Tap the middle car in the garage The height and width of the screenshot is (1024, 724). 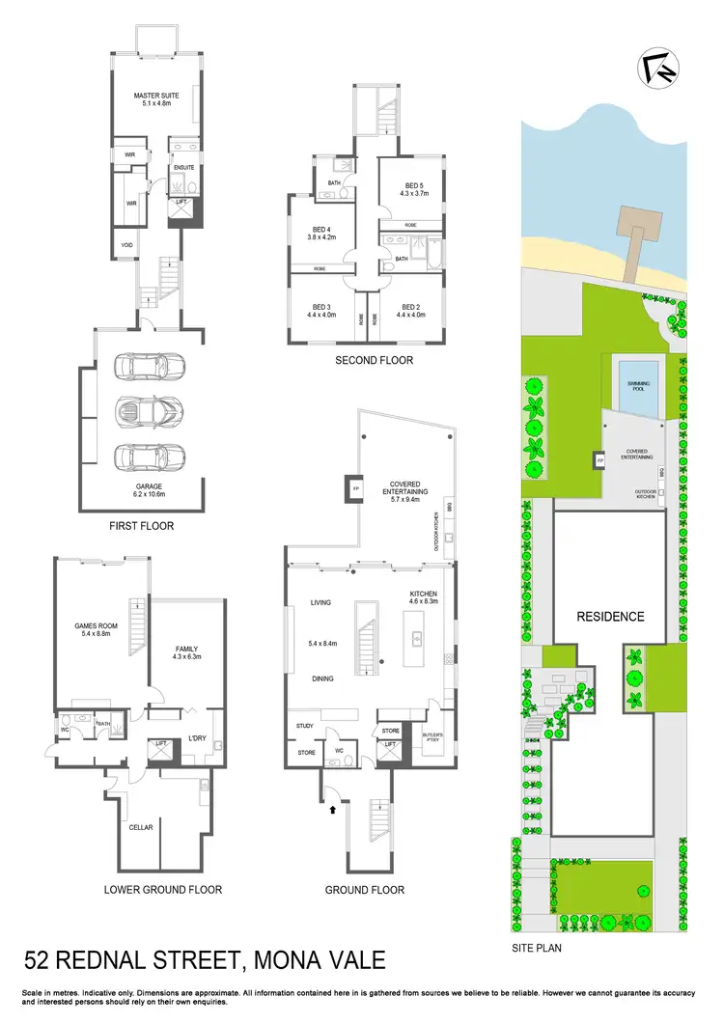[141, 409]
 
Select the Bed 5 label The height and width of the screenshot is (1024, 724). [413, 185]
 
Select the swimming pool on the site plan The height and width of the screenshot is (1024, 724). [637, 384]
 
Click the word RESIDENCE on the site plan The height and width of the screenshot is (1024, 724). [610, 616]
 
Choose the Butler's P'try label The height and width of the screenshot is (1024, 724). [432, 737]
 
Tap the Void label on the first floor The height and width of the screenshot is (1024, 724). [126, 245]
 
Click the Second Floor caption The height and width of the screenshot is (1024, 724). [375, 360]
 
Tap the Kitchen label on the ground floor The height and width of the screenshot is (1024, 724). [424, 593]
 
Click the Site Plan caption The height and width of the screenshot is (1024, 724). [537, 948]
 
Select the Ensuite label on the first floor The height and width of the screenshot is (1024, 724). [184, 167]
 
